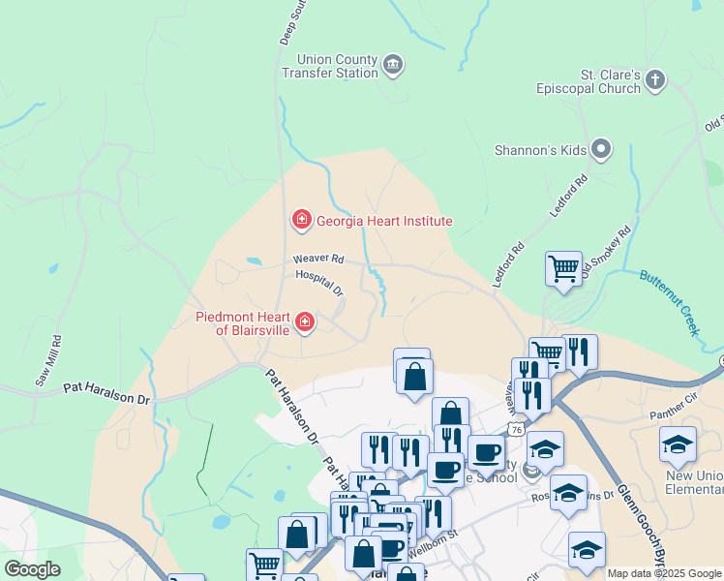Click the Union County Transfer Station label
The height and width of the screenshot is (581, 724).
pos(329,66)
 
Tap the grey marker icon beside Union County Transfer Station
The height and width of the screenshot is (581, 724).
pos(393,66)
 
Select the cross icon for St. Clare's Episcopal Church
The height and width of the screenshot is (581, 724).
pos(655,80)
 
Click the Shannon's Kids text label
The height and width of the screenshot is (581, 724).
pos(540,150)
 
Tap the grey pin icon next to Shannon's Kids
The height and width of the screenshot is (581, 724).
pos(601,149)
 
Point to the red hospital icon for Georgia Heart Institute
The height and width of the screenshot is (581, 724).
pos(302,221)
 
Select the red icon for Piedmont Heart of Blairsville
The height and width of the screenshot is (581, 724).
pos(305,321)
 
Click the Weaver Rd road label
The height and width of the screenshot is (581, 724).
pos(318,260)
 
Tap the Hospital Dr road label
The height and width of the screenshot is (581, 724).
pos(319,283)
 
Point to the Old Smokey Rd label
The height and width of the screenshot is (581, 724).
pos(607,254)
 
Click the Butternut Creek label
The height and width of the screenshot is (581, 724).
pos(670,301)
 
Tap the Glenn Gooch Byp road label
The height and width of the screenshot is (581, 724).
pos(643,524)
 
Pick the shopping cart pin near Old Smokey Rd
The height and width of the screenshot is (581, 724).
pos(563,267)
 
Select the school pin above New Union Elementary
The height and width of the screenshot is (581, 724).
pos(678,444)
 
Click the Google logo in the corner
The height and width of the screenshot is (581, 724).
pos(32,569)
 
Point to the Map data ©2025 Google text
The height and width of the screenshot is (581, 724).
pos(663,573)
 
